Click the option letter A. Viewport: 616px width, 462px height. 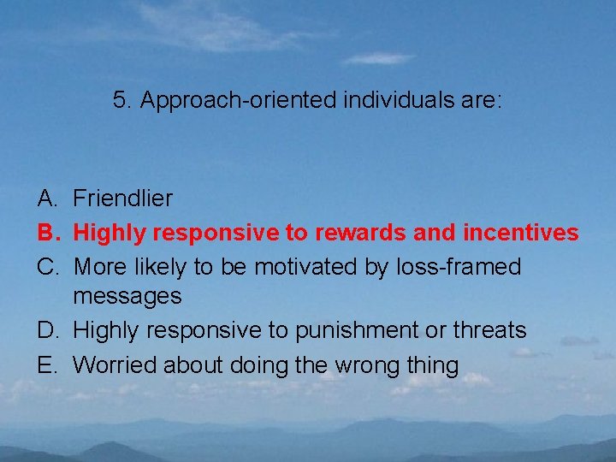(47, 198)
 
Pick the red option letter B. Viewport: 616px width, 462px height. (47, 233)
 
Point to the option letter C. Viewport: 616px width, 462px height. (47, 267)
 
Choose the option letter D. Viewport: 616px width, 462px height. (47, 330)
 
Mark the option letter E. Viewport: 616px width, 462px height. (47, 365)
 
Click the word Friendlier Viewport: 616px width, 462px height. (122, 198)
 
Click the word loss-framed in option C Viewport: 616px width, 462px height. (458, 267)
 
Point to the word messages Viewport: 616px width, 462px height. (127, 297)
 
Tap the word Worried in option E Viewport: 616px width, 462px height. (115, 365)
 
